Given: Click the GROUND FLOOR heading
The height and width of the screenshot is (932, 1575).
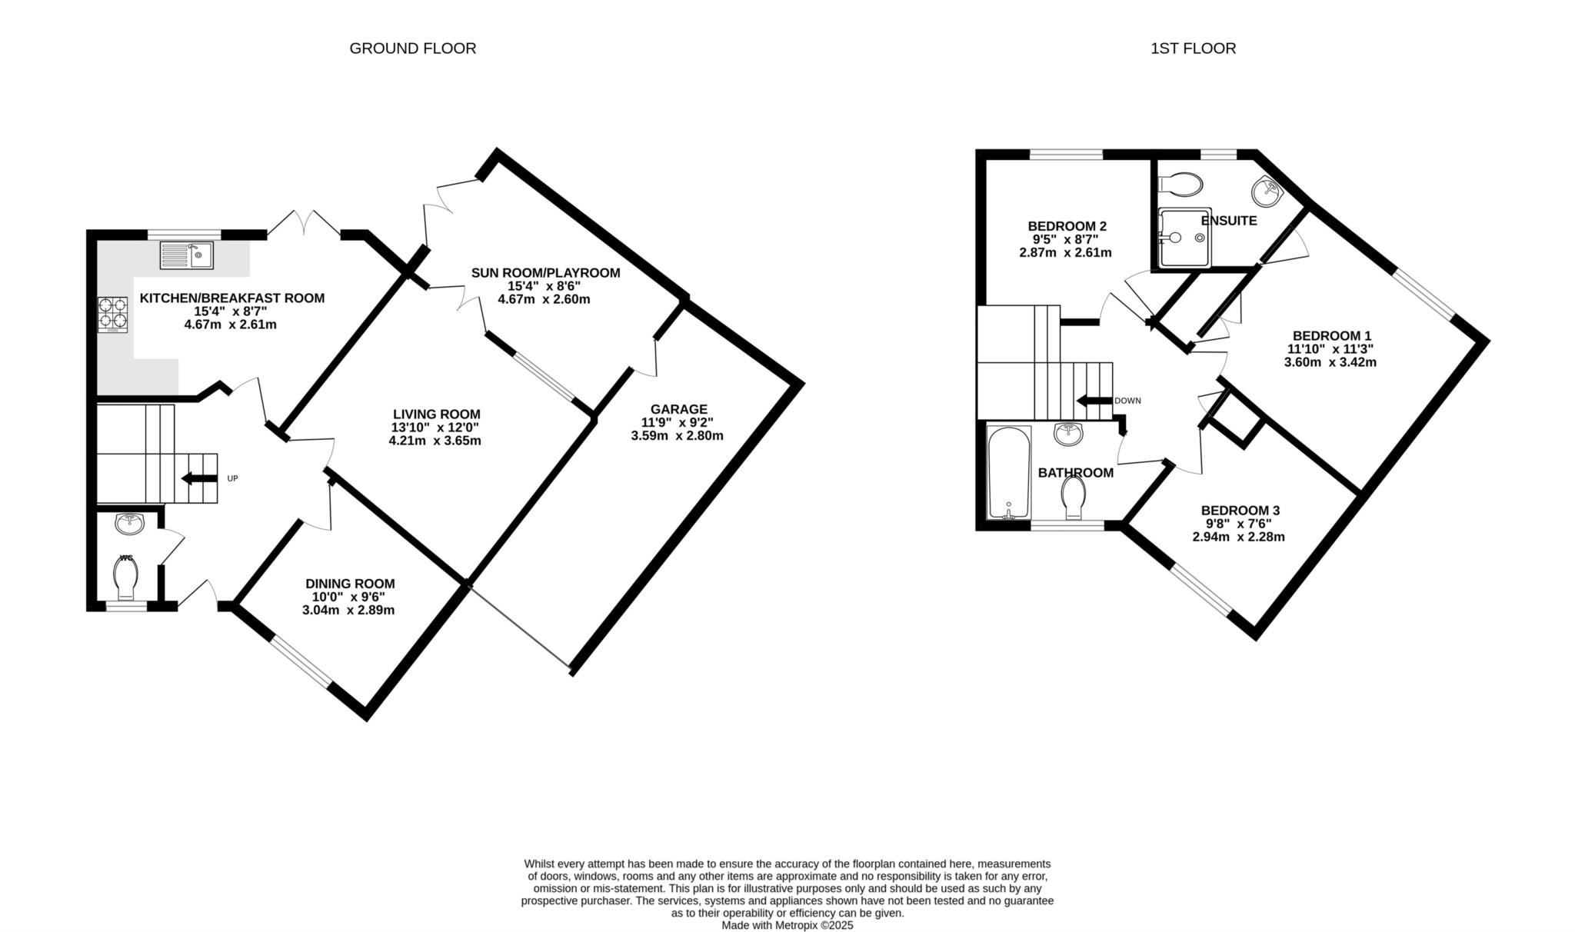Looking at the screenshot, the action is click(x=413, y=48).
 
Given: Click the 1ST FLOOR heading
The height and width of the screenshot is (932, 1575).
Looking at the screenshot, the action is click(x=1193, y=48).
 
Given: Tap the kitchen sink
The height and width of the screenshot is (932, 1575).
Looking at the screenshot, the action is click(x=187, y=255).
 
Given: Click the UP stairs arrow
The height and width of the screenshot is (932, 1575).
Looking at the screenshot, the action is click(x=199, y=478).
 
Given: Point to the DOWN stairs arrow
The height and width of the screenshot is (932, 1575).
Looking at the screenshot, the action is click(x=1094, y=401).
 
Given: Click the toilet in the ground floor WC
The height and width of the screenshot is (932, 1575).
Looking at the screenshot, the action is click(x=126, y=577).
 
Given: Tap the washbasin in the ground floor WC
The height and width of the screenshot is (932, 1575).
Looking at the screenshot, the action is click(x=130, y=524).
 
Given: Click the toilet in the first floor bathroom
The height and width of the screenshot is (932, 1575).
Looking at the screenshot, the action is click(x=1073, y=497).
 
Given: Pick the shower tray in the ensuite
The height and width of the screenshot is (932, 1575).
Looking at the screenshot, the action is click(x=1184, y=238).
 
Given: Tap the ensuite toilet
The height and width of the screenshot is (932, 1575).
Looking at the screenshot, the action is click(x=1180, y=184).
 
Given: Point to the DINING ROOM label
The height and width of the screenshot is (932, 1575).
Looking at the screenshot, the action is click(x=350, y=584).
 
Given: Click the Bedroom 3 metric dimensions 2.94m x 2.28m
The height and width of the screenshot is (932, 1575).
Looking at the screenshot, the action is click(x=1238, y=537).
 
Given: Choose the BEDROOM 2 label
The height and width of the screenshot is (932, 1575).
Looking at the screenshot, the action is click(x=1067, y=226).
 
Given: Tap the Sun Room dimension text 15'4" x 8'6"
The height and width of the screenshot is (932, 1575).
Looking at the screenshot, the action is click(x=544, y=286).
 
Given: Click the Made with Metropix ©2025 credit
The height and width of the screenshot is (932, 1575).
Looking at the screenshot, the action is click(x=787, y=926).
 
